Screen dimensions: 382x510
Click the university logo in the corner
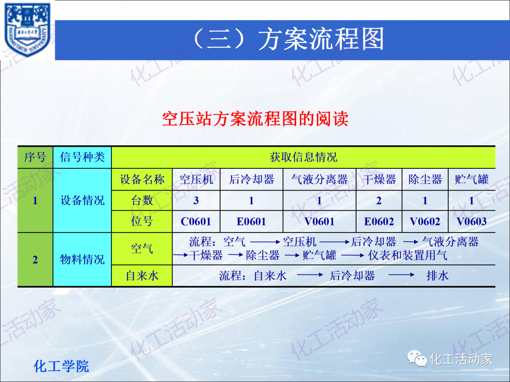point(27,29)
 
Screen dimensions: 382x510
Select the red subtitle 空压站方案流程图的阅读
point(255,118)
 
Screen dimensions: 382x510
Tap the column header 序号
point(35,157)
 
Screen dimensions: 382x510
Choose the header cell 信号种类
point(82,157)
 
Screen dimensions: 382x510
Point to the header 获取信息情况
point(303,157)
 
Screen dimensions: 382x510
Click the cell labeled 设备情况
point(82,200)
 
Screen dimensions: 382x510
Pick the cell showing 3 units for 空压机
point(196,201)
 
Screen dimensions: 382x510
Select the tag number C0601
point(196,221)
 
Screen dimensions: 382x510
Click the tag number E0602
point(379,221)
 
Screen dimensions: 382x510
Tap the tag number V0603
point(471,221)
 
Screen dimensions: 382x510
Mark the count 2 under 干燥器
point(379,201)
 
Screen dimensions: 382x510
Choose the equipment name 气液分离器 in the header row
point(319,180)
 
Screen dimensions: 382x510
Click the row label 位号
point(142,221)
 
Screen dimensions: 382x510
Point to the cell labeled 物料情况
point(82,259)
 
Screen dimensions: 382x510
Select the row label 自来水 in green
point(142,276)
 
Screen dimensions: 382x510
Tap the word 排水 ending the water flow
point(437,276)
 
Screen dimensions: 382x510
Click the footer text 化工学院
point(61,366)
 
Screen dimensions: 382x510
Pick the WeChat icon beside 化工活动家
point(417,359)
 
